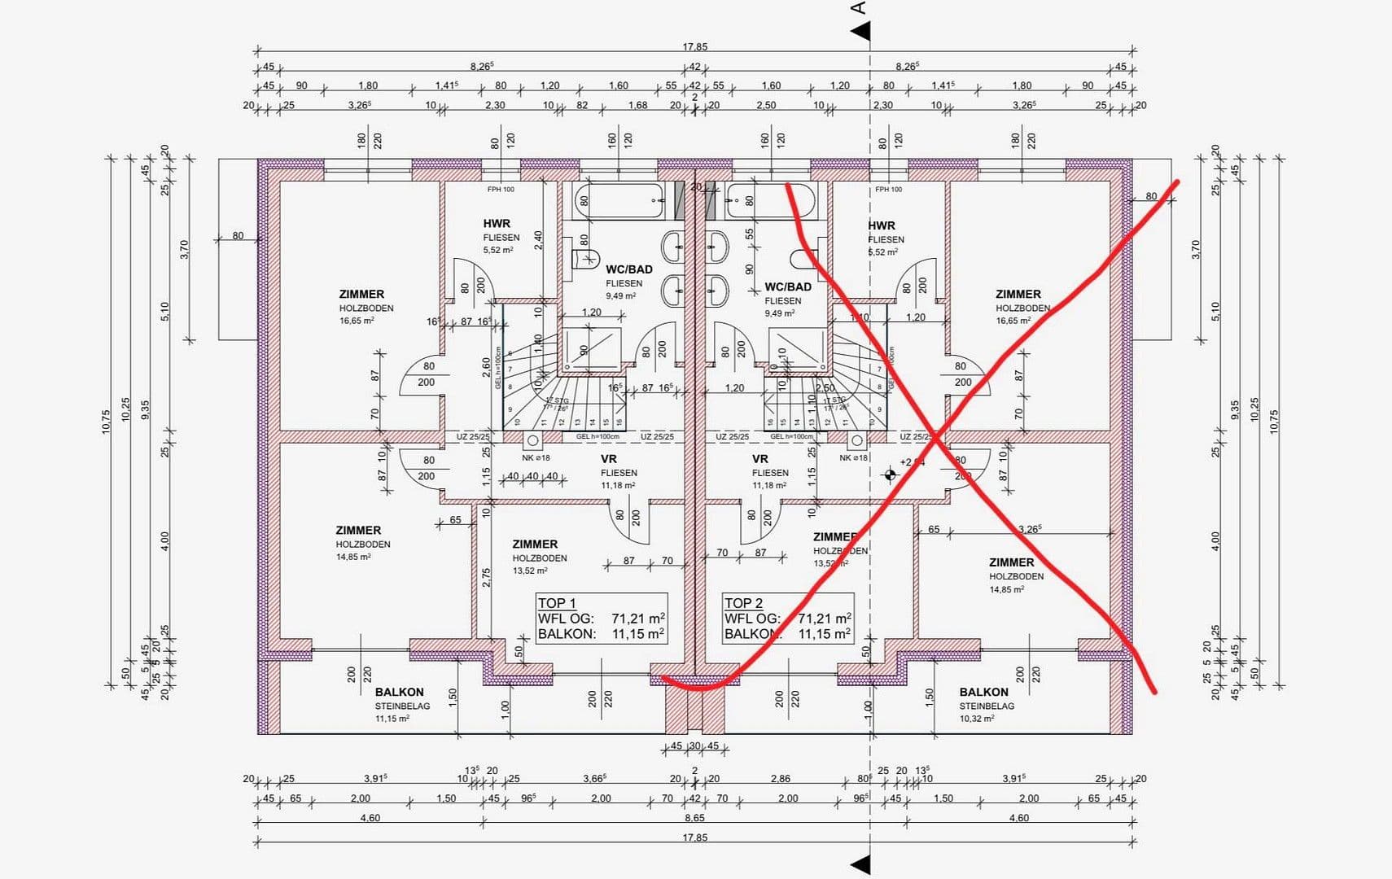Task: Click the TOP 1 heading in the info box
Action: tap(557, 603)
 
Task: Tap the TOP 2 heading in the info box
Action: tap(743, 603)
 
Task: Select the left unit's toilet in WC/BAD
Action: tap(585, 259)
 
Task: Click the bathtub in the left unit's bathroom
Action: tap(619, 201)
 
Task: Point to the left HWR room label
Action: tap(497, 224)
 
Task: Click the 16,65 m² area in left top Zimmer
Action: tap(357, 321)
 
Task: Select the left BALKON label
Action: tap(400, 692)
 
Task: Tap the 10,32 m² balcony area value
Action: tap(976, 719)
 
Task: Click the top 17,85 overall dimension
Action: tap(694, 46)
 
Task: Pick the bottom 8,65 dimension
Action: tap(694, 818)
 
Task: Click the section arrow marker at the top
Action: tap(860, 32)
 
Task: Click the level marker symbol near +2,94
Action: tap(890, 474)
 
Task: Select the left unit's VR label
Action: tap(608, 459)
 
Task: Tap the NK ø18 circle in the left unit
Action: tap(532, 440)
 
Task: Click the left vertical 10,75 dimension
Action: tap(106, 421)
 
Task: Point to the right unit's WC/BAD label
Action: tap(787, 287)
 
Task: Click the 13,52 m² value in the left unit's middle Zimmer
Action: tap(530, 571)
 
